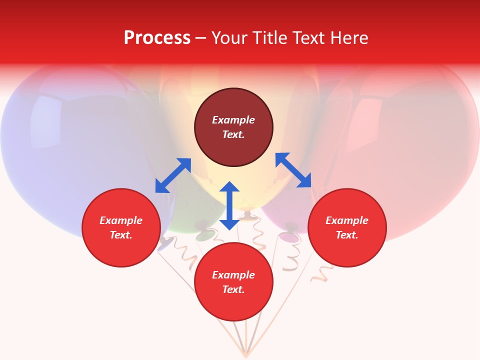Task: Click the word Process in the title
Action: pos(157,37)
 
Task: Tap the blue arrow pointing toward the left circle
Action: pos(173,175)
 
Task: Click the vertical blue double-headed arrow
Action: pos(229,205)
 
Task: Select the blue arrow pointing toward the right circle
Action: pos(293,170)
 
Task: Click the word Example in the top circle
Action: pos(233,120)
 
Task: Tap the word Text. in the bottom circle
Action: pos(233,289)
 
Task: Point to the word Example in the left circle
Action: pos(121,220)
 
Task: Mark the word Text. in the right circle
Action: pos(347,235)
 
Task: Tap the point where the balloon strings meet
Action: pos(245,355)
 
